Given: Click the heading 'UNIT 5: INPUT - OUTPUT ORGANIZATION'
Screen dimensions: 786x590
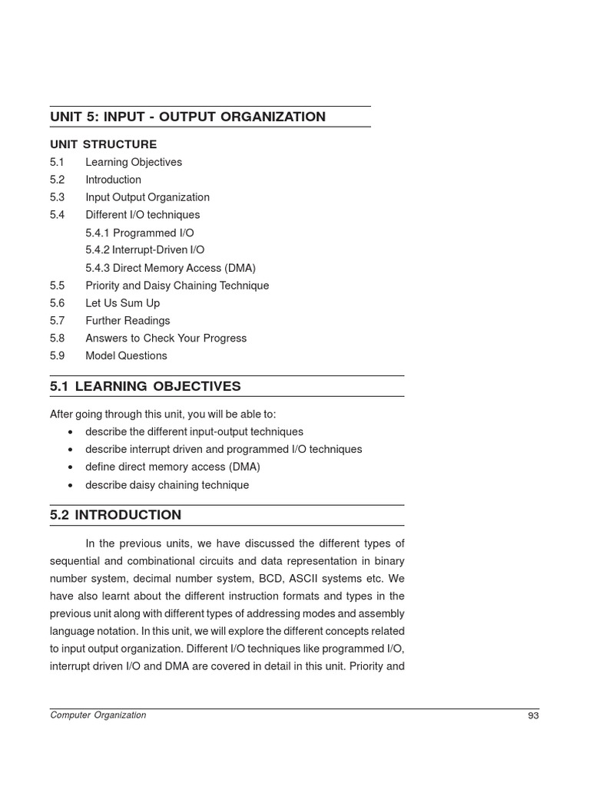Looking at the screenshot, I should click(x=187, y=117).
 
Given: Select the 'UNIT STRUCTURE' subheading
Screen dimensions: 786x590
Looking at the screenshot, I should click(x=103, y=144).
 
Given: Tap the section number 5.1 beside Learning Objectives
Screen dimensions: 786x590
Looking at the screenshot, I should click(x=57, y=162).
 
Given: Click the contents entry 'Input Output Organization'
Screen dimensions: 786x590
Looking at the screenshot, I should click(x=147, y=197).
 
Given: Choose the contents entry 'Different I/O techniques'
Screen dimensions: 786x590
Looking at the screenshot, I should click(x=142, y=215).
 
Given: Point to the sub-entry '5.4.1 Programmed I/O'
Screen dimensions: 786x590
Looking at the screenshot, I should click(x=139, y=233).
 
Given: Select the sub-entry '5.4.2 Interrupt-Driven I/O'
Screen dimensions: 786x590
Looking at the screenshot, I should click(x=144, y=250).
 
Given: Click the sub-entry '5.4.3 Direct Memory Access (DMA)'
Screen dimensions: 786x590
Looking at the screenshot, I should click(x=170, y=268).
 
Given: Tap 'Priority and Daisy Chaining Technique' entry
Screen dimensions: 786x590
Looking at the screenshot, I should click(x=177, y=286).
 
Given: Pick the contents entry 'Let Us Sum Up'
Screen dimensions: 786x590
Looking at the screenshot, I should click(x=122, y=303).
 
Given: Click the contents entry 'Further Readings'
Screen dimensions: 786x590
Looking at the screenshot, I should click(x=128, y=321).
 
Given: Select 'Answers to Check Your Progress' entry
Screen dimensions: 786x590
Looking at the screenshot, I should click(x=166, y=339).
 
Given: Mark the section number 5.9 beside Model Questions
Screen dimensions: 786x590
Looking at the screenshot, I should click(x=57, y=356).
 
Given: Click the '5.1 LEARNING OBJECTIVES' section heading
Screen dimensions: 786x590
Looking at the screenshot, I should click(x=145, y=386).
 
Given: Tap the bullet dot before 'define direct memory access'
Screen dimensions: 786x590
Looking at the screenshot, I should click(x=71, y=467).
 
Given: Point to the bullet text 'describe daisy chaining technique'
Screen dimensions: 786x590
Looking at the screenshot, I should click(x=167, y=485).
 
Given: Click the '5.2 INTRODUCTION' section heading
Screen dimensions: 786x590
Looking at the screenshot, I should click(x=115, y=515).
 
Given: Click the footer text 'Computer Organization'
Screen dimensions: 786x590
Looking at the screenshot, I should click(x=98, y=715).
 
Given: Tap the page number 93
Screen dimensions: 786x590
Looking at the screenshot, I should click(x=533, y=716).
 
